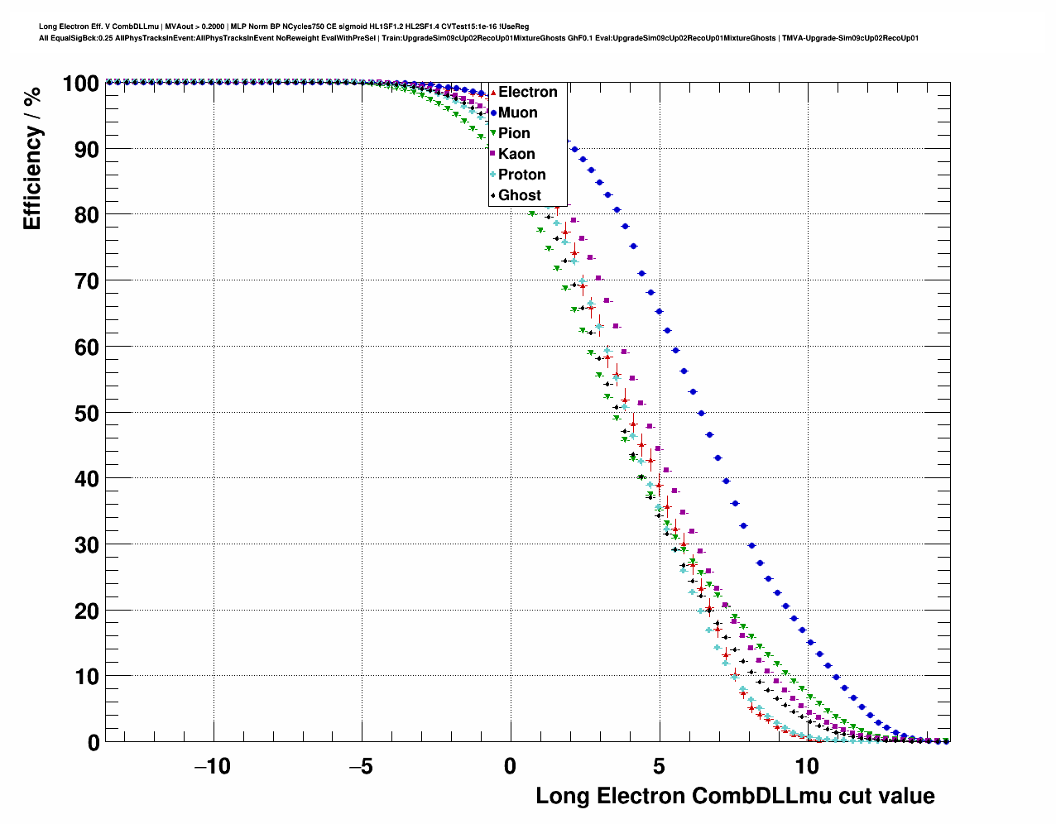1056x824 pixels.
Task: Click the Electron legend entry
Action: (x=527, y=92)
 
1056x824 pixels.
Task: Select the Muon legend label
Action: (x=517, y=113)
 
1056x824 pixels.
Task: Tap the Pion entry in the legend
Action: (x=514, y=133)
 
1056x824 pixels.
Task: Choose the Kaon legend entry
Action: (x=516, y=154)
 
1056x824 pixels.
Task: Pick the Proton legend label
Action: (x=521, y=175)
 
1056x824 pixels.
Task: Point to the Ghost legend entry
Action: (x=519, y=195)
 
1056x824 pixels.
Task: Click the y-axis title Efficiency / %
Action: (x=31, y=158)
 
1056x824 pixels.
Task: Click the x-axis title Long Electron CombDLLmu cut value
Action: (x=735, y=796)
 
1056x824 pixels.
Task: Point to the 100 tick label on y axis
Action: (x=80, y=84)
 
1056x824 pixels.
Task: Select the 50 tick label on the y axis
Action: (x=87, y=413)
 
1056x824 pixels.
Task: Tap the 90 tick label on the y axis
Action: (x=87, y=150)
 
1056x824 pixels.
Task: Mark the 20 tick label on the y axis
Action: (x=87, y=611)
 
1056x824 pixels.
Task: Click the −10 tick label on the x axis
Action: (x=212, y=766)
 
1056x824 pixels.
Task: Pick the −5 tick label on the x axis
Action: (x=361, y=766)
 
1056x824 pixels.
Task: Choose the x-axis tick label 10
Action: (x=807, y=766)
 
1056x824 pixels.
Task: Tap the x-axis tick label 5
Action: (x=659, y=766)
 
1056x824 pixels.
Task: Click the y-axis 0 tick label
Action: (x=94, y=743)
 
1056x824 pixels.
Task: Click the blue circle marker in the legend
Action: (x=493, y=113)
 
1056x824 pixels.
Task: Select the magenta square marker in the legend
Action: (x=493, y=154)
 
